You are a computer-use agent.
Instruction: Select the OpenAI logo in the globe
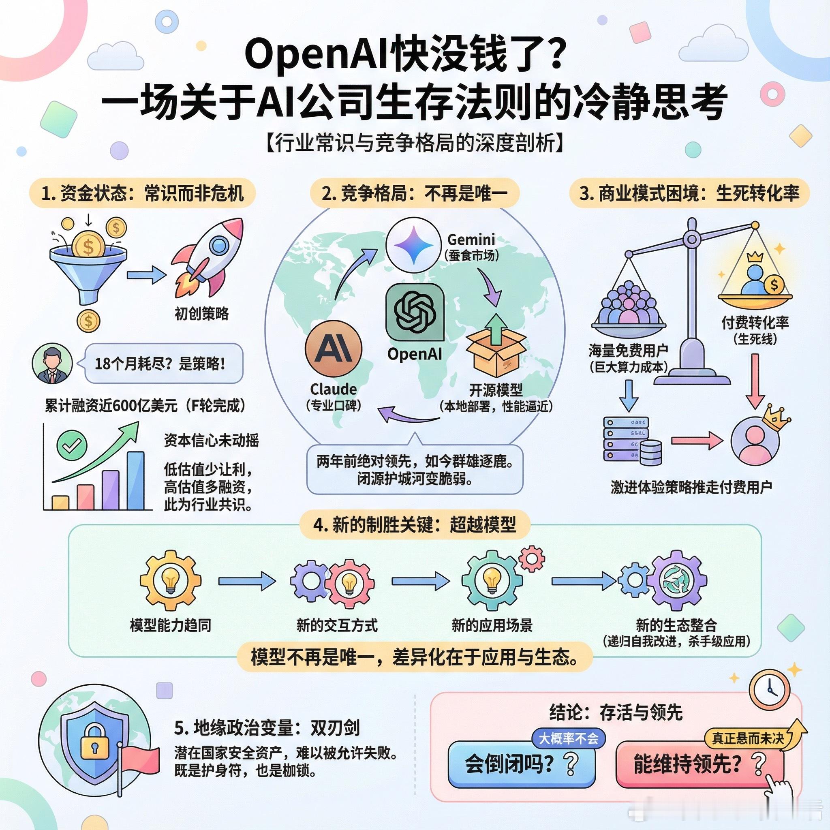[x=415, y=312]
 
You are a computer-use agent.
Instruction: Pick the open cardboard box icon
[x=496, y=348]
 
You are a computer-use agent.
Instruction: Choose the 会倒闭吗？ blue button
[x=522, y=765]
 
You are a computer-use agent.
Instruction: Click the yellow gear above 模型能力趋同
[x=171, y=581]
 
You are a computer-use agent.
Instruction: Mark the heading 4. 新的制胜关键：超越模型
[x=415, y=524]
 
